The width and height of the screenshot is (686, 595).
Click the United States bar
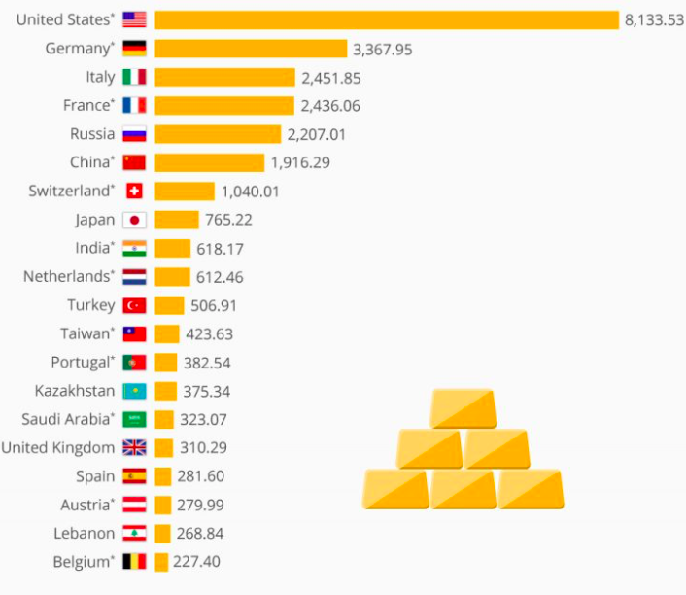(386, 20)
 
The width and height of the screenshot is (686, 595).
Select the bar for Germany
(250, 49)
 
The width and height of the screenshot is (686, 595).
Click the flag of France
(134, 105)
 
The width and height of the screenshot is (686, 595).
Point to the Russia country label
(92, 134)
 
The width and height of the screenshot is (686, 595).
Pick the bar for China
(209, 162)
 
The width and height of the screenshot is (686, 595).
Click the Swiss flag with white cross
(134, 192)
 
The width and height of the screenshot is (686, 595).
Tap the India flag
(134, 248)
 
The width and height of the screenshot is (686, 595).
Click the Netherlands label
(67, 277)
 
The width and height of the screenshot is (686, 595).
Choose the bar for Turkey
(169, 305)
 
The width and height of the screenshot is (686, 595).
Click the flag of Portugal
(134, 363)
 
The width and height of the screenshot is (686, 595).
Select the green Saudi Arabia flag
(134, 420)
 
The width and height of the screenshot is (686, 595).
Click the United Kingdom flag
(134, 448)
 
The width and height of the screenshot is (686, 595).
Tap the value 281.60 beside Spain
(201, 476)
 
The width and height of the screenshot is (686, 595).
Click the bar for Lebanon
(162, 534)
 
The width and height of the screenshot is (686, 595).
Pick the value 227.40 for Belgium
(195, 562)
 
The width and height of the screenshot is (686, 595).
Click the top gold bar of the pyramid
(463, 408)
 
